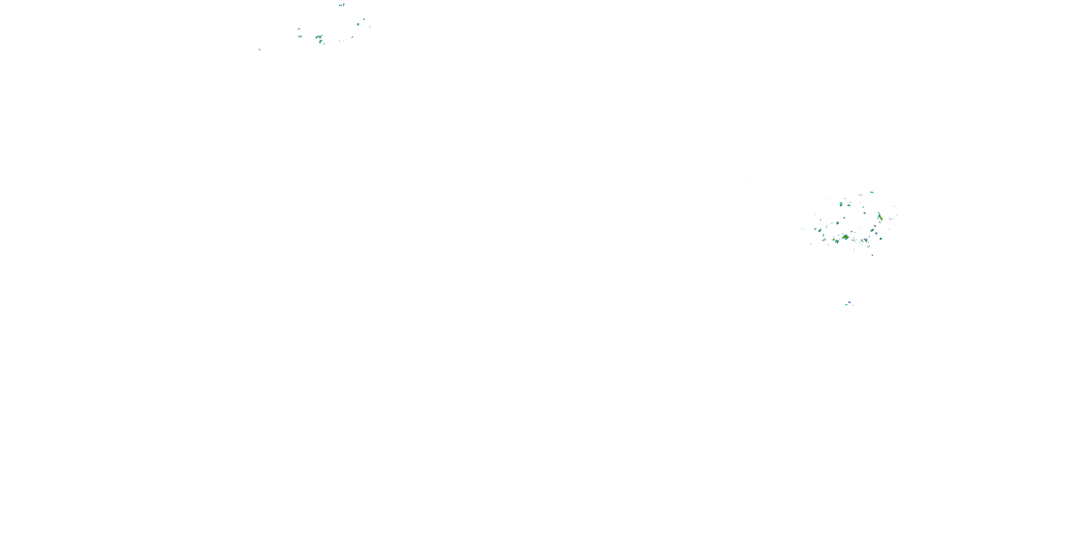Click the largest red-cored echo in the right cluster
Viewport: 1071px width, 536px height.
coord(845,237)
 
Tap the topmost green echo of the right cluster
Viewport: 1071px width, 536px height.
coord(872,192)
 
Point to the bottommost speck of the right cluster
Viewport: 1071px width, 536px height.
coord(872,255)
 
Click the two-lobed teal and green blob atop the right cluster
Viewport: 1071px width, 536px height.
coord(841,204)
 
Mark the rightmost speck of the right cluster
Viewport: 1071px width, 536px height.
coord(897,215)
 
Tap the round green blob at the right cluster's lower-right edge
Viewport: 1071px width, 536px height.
coord(881,239)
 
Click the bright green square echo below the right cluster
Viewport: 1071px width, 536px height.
coord(846,304)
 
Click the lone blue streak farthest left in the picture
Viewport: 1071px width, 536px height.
coord(260,50)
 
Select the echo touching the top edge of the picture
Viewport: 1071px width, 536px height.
coord(342,5)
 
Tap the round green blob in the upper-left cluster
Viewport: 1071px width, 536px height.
coord(358,25)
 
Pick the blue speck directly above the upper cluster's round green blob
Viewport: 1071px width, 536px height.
coord(364,19)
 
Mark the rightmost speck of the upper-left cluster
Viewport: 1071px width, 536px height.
coord(370,27)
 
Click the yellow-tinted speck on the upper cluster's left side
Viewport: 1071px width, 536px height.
coord(298,29)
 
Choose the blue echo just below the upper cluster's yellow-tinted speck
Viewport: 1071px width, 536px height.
coord(300,36)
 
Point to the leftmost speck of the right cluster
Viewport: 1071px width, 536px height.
coord(803,228)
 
